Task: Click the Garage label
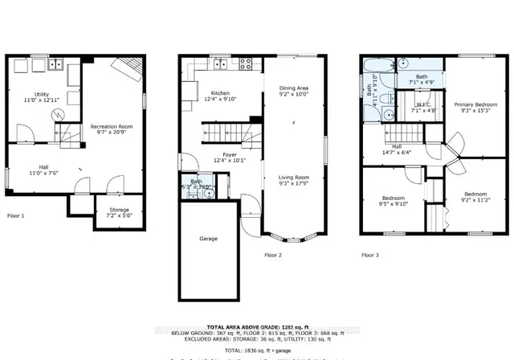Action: (x=208, y=239)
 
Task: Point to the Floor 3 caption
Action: (x=369, y=255)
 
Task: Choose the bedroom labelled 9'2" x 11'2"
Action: (x=474, y=197)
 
